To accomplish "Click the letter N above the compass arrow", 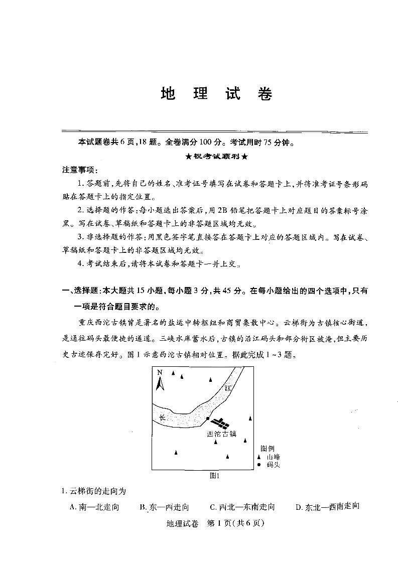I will tap(160, 372).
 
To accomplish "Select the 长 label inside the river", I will tap(162, 417).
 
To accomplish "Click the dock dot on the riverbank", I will tap(208, 418).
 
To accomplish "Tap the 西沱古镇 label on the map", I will tap(221, 434).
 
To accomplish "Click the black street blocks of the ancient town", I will tap(220, 423).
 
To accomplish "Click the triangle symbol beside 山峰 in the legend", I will tap(259, 457).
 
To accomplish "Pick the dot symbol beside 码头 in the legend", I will tap(259, 465).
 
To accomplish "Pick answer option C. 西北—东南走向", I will tap(242, 507).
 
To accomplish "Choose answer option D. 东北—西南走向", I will tap(328, 507).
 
